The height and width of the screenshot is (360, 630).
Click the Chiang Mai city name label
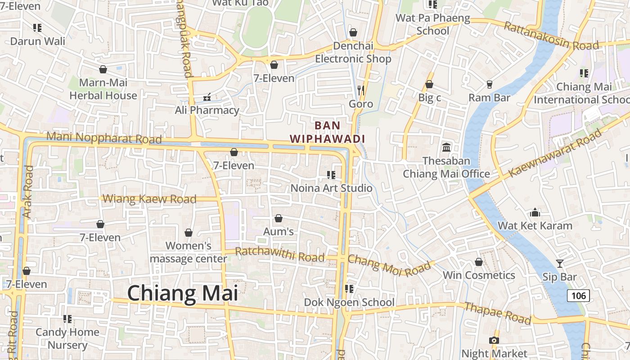coord(182,293)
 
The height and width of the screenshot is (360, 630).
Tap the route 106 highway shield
coord(578,296)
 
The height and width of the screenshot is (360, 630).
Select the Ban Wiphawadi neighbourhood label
coord(327,132)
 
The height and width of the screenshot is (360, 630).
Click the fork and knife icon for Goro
coord(360,90)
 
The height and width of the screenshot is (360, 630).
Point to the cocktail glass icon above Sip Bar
coord(560,263)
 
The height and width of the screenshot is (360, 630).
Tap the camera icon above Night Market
coord(494,340)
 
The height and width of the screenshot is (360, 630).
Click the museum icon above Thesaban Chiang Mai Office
coord(446,147)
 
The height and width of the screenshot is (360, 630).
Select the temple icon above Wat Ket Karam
coord(535,212)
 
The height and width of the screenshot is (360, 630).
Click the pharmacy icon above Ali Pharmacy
coord(207,97)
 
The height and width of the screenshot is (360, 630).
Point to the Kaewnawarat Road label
coord(555,153)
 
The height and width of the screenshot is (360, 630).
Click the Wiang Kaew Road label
coord(150,199)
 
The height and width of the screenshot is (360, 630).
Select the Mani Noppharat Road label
coord(103,138)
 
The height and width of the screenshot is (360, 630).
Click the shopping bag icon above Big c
coord(429,84)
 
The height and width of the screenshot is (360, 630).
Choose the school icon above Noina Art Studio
coord(331,175)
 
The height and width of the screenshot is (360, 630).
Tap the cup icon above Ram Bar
coord(490,84)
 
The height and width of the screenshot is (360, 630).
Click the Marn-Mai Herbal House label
coord(103,89)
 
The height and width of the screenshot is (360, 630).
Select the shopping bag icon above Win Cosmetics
coord(479,262)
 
